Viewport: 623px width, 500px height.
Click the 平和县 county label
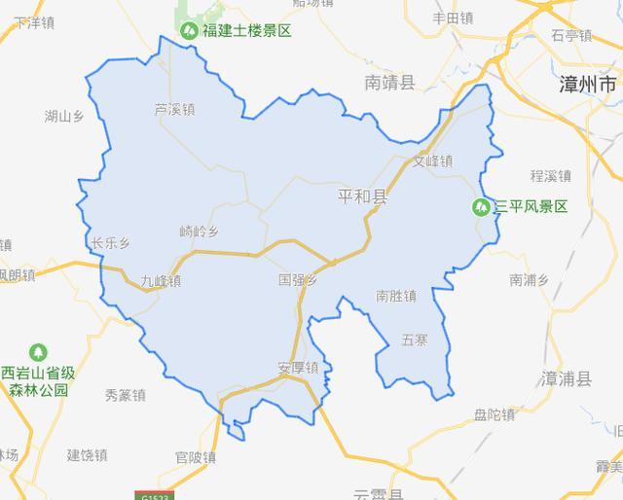click(362, 197)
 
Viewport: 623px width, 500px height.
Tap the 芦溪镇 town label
click(175, 110)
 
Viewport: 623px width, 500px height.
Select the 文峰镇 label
click(433, 161)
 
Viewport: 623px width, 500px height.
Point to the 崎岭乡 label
click(201, 232)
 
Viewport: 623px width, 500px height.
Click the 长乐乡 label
click(110, 243)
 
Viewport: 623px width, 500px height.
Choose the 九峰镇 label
click(161, 281)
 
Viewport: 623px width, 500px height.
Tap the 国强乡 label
click(298, 280)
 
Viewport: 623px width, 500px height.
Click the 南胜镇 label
click(396, 295)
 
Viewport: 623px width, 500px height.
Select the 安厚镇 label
click(298, 369)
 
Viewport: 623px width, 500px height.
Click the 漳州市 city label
click(589, 85)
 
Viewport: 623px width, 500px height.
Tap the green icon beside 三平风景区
click(481, 206)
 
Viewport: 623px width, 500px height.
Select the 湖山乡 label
click(66, 118)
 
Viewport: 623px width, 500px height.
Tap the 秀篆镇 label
click(125, 395)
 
